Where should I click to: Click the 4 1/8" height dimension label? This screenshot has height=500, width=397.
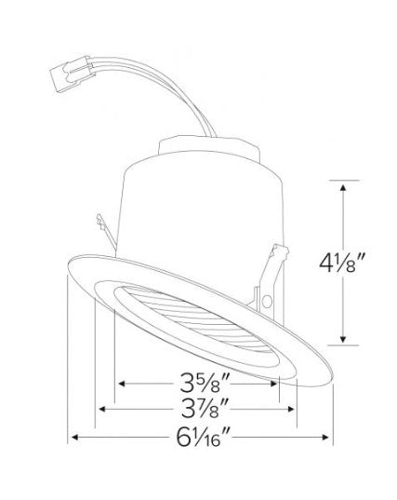point(341,264)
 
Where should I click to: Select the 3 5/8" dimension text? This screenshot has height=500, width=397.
point(205,383)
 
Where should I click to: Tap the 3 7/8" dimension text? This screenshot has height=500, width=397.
point(205,408)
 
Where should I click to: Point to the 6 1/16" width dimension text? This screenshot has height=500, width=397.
point(203,437)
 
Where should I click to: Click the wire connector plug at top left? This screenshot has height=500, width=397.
point(72,74)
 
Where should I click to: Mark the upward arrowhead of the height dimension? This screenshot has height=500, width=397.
point(343,187)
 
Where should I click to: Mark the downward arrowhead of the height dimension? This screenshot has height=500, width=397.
point(343,339)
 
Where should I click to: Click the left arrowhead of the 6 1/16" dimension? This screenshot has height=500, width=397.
point(74,437)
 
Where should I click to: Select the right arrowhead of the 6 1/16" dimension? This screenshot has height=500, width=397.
point(325,437)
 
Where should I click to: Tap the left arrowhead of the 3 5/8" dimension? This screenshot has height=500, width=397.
point(122,384)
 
